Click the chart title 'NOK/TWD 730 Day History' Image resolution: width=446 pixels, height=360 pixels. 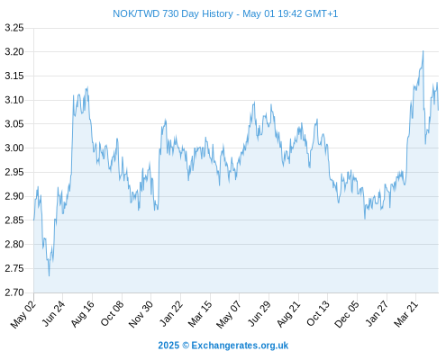pyautogui.click(x=173, y=13)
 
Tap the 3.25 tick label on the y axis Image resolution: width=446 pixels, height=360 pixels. pyautogui.click(x=14, y=28)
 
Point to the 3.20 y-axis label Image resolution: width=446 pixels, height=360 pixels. pyautogui.click(x=14, y=52)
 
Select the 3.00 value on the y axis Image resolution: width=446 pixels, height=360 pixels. pyautogui.click(x=14, y=148)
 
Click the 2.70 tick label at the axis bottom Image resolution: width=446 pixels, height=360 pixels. pyautogui.click(x=14, y=292)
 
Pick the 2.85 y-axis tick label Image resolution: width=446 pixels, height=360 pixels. pyautogui.click(x=14, y=220)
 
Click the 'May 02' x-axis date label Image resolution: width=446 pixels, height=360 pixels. pyautogui.click(x=23, y=314)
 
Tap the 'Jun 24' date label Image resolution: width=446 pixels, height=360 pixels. pyautogui.click(x=53, y=314)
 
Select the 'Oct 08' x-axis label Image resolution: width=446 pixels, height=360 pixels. pyautogui.click(x=112, y=314)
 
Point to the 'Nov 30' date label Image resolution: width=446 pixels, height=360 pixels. pyautogui.click(x=141, y=314)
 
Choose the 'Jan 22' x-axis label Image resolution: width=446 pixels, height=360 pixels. pyautogui.click(x=171, y=314)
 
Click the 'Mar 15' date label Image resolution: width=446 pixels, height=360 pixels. pyautogui.click(x=200, y=314)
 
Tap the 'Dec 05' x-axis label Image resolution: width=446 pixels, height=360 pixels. pyautogui.click(x=347, y=314)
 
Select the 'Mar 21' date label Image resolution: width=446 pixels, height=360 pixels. pyautogui.click(x=406, y=314)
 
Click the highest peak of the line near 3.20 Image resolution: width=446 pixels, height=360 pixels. pyautogui.click(x=423, y=51)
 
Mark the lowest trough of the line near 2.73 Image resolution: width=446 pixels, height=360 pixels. pyautogui.click(x=50, y=275)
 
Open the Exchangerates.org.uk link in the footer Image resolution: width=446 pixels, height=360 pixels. pyautogui.click(x=240, y=346)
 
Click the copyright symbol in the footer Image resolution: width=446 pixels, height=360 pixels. pyautogui.click(x=186, y=346)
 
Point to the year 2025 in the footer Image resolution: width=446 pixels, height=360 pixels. pyautogui.click(x=168, y=346)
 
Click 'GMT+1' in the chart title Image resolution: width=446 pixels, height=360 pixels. pyautogui.click(x=322, y=13)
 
